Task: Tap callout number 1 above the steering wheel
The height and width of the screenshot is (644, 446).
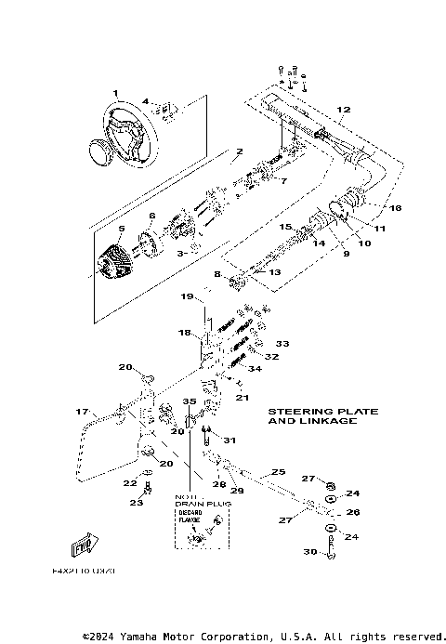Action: point(116,93)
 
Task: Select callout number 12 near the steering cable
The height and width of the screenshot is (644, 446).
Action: point(343,110)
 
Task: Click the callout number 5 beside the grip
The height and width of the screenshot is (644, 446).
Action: point(121,229)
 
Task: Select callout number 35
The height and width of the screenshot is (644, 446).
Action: point(190,402)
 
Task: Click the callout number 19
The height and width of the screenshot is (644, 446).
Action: point(186,296)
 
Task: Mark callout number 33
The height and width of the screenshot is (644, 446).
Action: point(282,342)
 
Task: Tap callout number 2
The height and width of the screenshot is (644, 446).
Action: point(239,151)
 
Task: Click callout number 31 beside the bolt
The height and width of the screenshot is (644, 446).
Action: point(230,440)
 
